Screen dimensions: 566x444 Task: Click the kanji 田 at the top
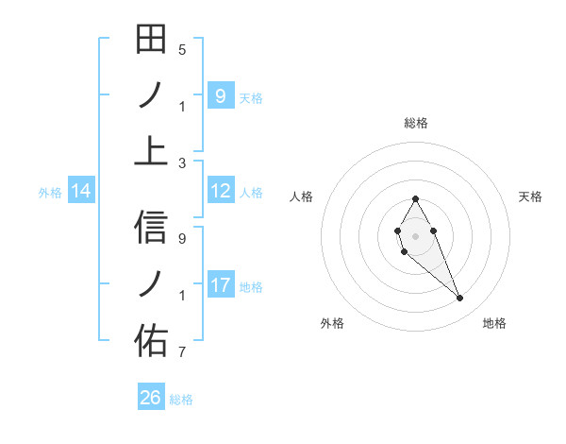[151, 41]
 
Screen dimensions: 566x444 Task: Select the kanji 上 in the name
[151, 151]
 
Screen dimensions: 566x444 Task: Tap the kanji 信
[151, 228]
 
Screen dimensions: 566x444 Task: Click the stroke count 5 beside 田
[182, 50]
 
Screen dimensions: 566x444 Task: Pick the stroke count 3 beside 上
[182, 162]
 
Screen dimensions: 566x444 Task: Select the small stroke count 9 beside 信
[182, 239]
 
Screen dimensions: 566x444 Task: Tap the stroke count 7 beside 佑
[182, 352]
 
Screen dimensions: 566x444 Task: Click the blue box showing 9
[221, 95]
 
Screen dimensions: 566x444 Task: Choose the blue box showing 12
[221, 191]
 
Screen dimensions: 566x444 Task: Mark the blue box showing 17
[221, 285]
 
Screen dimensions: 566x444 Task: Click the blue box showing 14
[81, 191]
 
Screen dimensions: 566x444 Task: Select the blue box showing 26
[151, 398]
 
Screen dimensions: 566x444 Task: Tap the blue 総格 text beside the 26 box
[181, 400]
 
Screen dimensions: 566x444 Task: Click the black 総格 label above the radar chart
[415, 123]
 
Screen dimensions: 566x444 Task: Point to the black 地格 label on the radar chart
[494, 323]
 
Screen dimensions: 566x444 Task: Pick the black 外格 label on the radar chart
[332, 323]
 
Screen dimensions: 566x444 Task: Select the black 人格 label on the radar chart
[302, 196]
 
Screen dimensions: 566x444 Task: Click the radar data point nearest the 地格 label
[460, 299]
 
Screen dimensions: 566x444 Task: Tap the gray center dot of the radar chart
[415, 235]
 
